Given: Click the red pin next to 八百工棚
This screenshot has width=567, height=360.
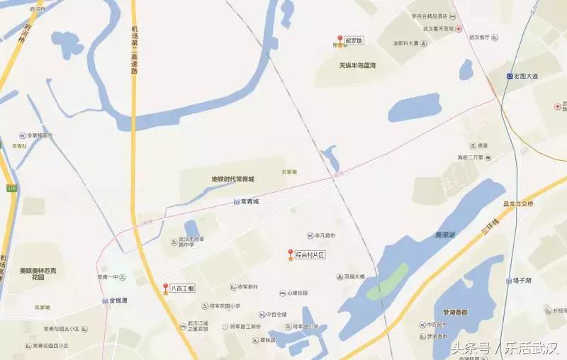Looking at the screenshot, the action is [x=166, y=289].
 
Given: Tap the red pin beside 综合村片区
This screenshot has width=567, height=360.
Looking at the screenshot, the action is [x=290, y=254].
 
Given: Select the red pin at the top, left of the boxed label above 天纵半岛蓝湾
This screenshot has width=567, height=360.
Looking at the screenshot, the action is [x=339, y=40].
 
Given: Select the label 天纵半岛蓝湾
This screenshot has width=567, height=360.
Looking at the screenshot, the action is [x=357, y=65].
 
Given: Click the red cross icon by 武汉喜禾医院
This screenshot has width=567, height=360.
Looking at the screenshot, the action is [x=459, y=28].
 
